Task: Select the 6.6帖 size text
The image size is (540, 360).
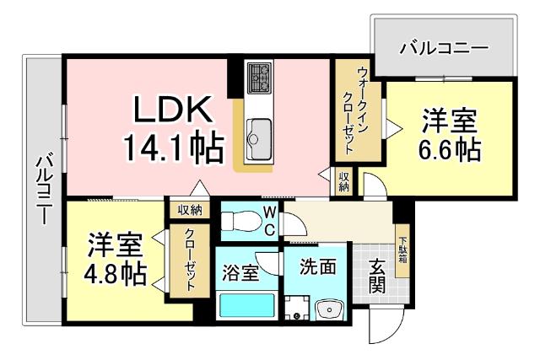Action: click(451, 149)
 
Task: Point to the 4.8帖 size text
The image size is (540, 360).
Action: click(116, 272)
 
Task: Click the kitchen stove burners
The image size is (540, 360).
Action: click(258, 77)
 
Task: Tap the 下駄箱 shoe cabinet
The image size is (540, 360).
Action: click(402, 246)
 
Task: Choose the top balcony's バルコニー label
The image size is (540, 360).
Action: click(444, 48)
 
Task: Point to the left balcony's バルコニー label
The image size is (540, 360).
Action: click(42, 191)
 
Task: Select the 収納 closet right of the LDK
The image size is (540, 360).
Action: click(345, 181)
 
